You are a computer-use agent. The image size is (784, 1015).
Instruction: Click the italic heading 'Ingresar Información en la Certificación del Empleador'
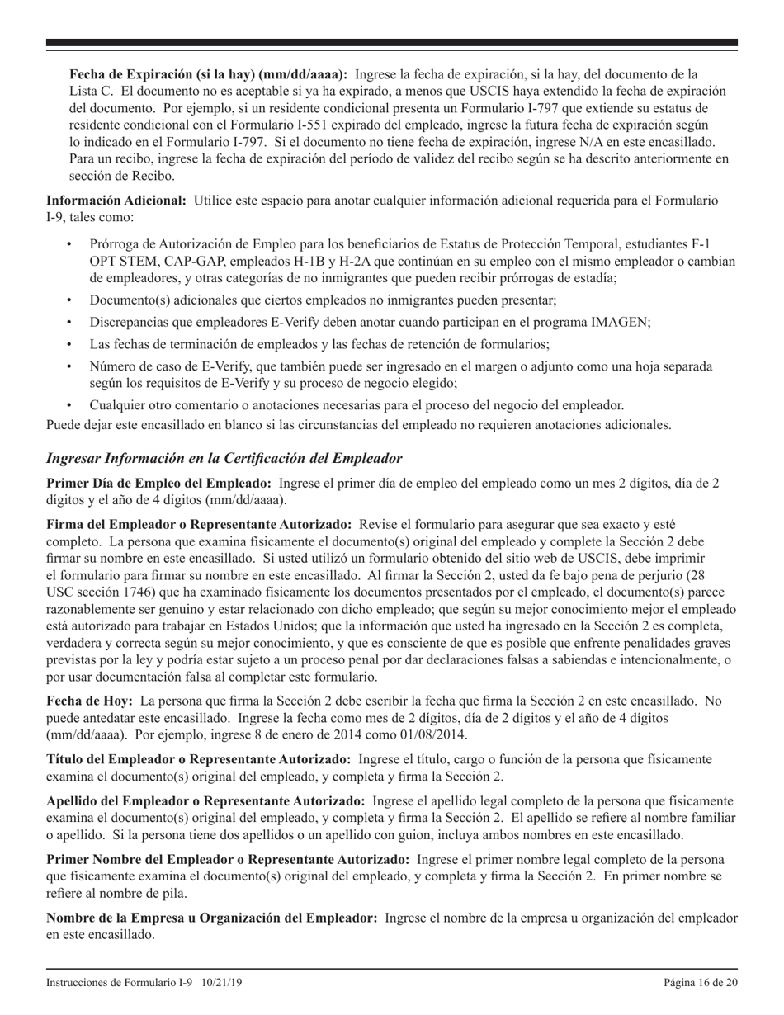224,457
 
